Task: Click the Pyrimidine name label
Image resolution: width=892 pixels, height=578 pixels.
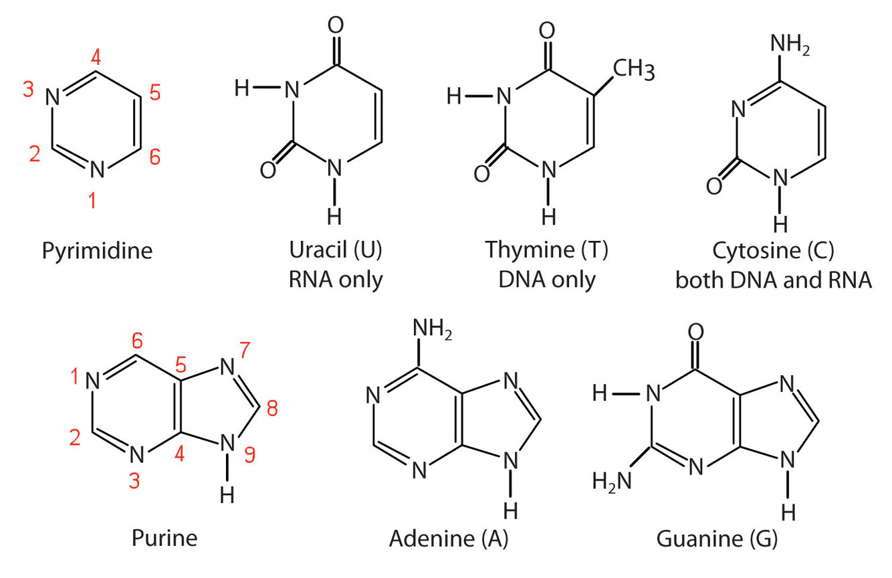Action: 97,251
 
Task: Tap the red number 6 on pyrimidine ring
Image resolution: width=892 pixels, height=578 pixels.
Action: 154,157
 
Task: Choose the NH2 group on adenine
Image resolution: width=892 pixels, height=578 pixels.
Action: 433,330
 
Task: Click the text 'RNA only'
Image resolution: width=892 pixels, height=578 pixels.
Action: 336,278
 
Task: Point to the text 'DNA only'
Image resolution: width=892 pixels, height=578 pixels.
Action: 547,278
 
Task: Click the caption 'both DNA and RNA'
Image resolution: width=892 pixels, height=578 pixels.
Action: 774,278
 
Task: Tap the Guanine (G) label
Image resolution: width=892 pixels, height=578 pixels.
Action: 717,538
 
